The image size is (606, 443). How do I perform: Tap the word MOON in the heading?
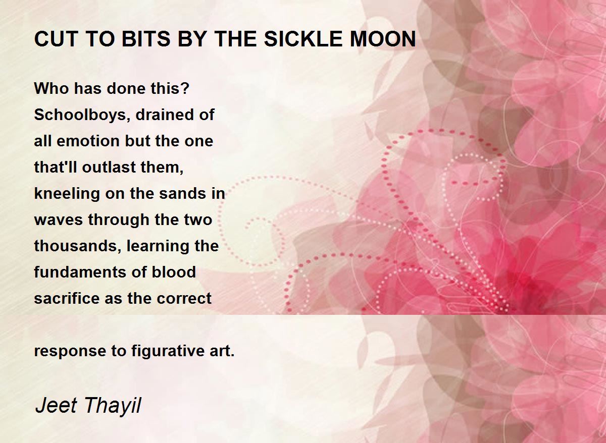click(383, 39)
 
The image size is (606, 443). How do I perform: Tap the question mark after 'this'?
click(185, 88)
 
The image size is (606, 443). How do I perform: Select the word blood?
click(174, 272)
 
